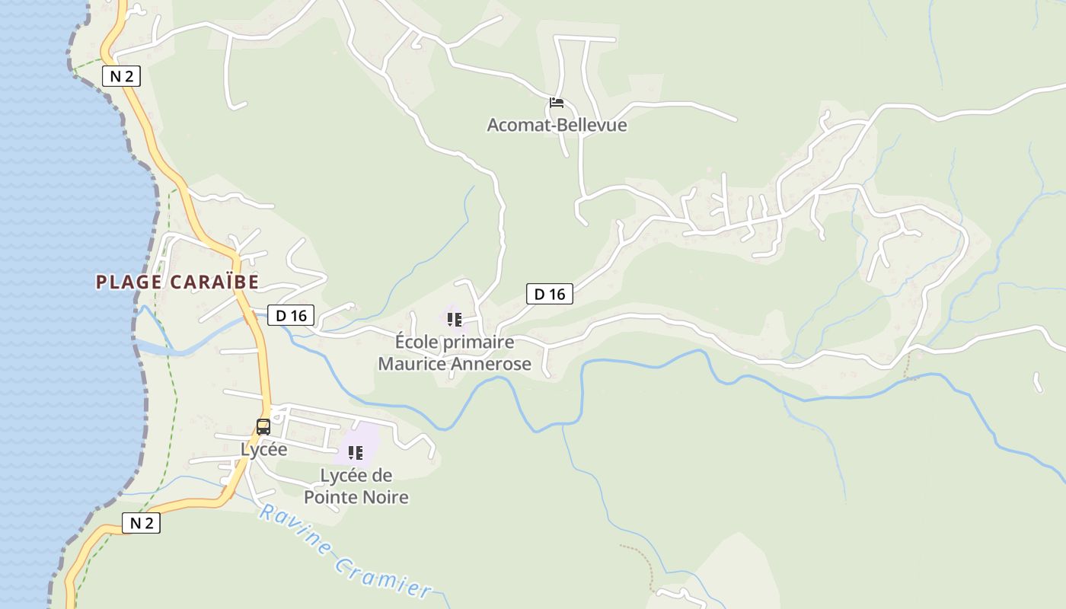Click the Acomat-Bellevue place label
(x=557, y=125)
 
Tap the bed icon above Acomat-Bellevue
(x=557, y=103)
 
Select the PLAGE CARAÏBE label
(x=177, y=282)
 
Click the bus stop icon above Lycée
(x=263, y=427)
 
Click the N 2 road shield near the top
(x=122, y=76)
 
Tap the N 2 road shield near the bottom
(x=142, y=523)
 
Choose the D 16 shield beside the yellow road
(x=291, y=315)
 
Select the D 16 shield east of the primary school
(x=549, y=294)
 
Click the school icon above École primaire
(x=455, y=320)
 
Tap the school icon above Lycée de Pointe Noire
(x=356, y=454)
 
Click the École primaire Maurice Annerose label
(x=455, y=353)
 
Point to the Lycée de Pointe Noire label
(x=356, y=486)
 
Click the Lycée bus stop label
(x=263, y=450)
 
